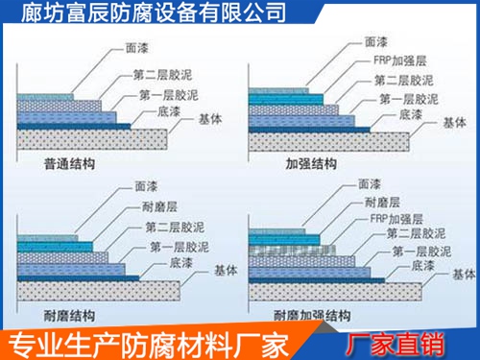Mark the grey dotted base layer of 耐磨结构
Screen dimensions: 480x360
pyautogui.click(x=96, y=289)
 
